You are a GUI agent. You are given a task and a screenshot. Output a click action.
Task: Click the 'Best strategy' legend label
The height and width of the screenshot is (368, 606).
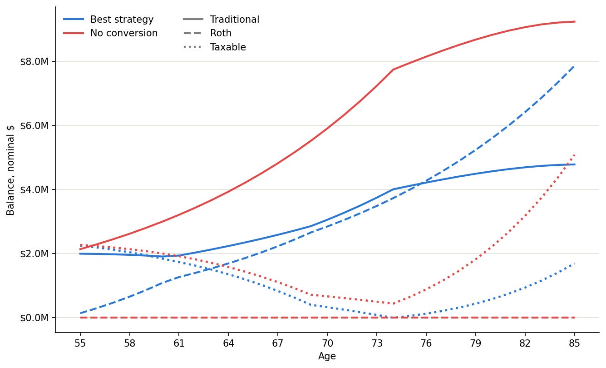click(122, 20)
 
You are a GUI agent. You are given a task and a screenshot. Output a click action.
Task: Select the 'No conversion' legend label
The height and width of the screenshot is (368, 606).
click(124, 33)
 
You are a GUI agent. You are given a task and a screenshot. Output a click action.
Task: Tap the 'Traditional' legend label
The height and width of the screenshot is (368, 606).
click(235, 20)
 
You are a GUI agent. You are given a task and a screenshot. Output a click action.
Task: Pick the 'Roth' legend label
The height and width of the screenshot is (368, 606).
click(221, 33)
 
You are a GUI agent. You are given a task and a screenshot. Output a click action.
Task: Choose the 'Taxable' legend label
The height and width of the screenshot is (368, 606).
click(228, 47)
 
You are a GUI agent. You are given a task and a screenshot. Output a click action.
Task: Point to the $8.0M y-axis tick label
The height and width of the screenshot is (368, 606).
click(34, 62)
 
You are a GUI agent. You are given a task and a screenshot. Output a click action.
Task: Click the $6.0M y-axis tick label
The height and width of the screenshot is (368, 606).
click(34, 126)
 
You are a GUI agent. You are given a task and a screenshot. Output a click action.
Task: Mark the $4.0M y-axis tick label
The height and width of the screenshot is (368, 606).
click(34, 189)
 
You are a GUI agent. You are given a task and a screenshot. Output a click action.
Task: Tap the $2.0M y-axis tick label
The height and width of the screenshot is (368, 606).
click(34, 254)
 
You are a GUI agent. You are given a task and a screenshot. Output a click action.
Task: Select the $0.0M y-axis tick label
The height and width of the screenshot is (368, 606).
click(34, 318)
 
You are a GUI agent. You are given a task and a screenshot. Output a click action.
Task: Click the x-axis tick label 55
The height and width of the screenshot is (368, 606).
click(80, 343)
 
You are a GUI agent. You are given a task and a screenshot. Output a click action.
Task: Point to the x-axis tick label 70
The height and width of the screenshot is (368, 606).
click(327, 343)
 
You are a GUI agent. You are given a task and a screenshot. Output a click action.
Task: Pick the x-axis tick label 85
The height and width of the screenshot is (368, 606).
click(574, 343)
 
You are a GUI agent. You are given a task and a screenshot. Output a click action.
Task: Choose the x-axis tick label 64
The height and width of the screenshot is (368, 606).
click(228, 343)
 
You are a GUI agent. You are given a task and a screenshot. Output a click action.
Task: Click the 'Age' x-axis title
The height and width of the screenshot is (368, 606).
click(327, 356)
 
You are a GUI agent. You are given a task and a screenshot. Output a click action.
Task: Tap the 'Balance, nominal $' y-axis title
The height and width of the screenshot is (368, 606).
click(10, 170)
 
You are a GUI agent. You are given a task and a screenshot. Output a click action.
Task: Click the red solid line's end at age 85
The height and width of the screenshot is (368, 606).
click(575, 22)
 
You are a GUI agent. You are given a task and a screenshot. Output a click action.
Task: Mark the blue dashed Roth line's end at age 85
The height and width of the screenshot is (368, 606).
click(574, 66)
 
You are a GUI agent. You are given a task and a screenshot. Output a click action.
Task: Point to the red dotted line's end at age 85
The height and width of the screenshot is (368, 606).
click(574, 155)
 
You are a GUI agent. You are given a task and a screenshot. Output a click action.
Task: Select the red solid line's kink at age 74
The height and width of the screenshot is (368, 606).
click(393, 70)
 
